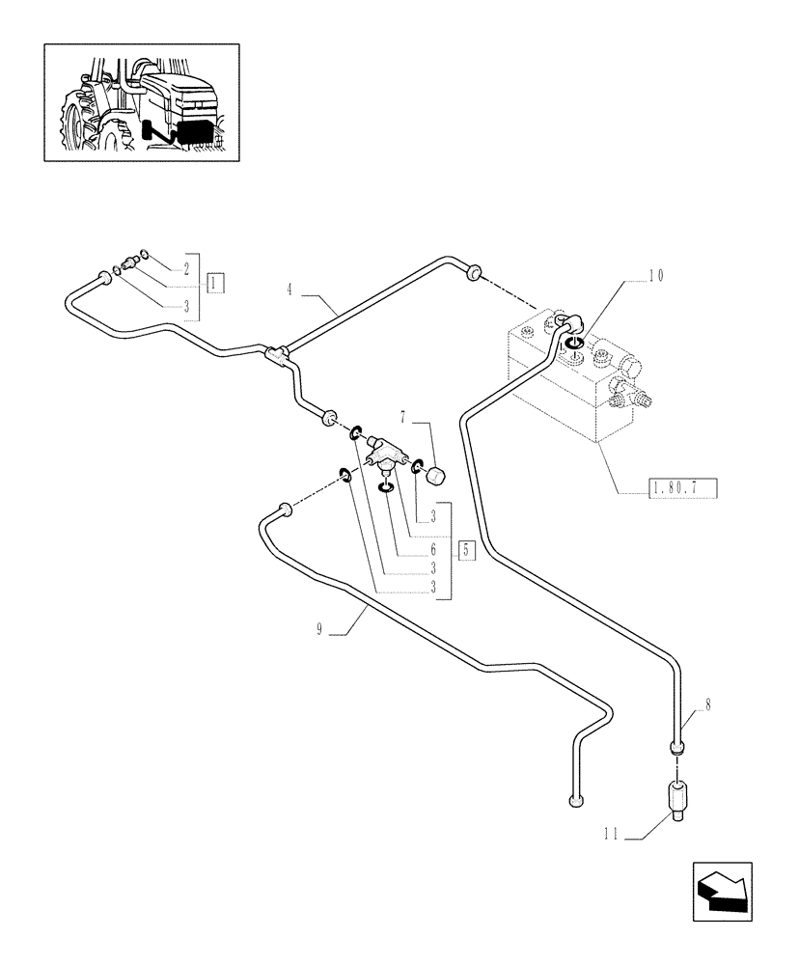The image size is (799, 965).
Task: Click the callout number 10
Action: click(656, 276)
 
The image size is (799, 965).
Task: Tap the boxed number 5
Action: click(467, 551)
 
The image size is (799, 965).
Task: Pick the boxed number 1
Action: click(215, 282)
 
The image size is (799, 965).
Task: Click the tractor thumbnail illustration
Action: click(142, 102)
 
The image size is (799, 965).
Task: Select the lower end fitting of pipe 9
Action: click(576, 800)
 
